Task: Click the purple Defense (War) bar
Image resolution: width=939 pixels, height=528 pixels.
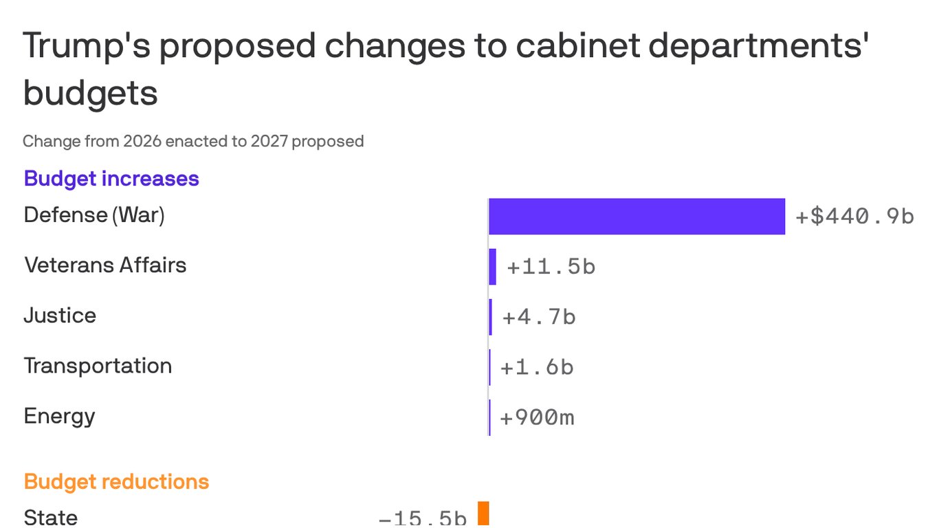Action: [637, 217]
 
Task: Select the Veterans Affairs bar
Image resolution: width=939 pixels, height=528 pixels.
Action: [492, 267]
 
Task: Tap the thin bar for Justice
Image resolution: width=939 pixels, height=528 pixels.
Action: [491, 317]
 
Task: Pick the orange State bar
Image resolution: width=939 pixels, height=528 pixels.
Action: [483, 514]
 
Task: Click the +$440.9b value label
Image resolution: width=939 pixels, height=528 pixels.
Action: [854, 217]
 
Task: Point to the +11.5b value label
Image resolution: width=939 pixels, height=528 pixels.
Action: [551, 267]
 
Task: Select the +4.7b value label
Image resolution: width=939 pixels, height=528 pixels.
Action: [539, 317]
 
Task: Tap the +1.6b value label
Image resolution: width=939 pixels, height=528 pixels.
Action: [537, 367]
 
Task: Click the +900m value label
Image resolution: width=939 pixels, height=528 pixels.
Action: [537, 417]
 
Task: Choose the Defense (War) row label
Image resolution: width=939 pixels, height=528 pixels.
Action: [94, 215]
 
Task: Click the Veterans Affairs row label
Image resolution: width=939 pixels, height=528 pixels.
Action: [105, 265]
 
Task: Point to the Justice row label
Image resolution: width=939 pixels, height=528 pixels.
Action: [60, 316]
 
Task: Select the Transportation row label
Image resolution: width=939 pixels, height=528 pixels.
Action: [98, 366]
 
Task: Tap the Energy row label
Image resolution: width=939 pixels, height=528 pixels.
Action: [59, 416]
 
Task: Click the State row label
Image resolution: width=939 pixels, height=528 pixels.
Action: [51, 517]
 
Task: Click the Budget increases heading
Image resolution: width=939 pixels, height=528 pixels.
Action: [111, 179]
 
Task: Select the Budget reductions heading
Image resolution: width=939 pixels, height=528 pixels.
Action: [116, 481]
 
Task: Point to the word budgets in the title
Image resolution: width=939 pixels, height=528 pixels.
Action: [91, 93]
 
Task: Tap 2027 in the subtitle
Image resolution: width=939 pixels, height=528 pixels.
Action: [269, 142]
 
